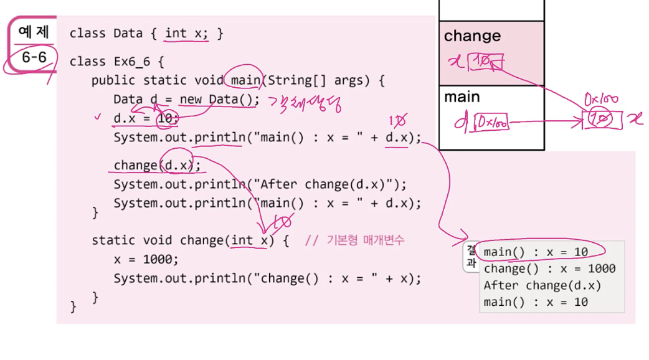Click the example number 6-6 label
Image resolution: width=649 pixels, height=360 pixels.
(34, 57)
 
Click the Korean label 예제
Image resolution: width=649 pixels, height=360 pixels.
(34, 32)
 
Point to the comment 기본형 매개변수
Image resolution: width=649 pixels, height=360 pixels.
(365, 240)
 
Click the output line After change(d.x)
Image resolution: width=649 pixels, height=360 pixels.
(542, 285)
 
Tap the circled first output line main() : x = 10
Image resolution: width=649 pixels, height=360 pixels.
(536, 252)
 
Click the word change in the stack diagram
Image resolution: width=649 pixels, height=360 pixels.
(472, 36)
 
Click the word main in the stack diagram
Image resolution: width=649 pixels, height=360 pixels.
(462, 97)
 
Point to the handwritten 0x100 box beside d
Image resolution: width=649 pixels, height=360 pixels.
(490, 123)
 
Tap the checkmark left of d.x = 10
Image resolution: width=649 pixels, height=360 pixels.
(97, 116)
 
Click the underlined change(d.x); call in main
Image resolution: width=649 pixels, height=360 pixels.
(158, 165)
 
